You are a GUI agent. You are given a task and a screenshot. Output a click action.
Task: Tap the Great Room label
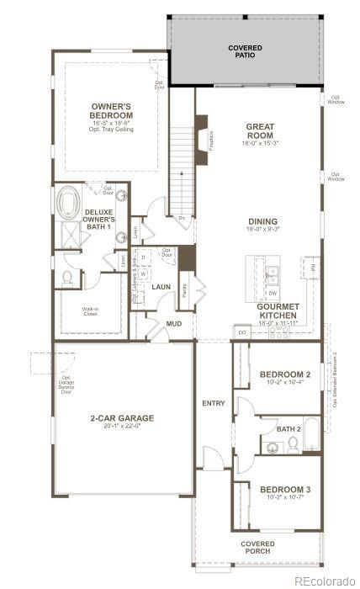(x=260, y=131)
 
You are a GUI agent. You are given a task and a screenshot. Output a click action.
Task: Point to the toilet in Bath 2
(x=292, y=441)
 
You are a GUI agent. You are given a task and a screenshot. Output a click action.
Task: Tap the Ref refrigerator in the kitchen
(x=311, y=269)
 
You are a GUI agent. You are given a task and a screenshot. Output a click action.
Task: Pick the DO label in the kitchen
(x=241, y=333)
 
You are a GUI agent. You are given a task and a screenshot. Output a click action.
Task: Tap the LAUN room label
(x=161, y=286)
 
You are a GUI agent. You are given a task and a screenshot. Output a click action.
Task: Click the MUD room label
(x=173, y=323)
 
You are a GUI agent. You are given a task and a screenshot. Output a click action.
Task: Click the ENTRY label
(x=214, y=404)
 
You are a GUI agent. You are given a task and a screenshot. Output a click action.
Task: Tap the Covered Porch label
(x=257, y=548)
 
